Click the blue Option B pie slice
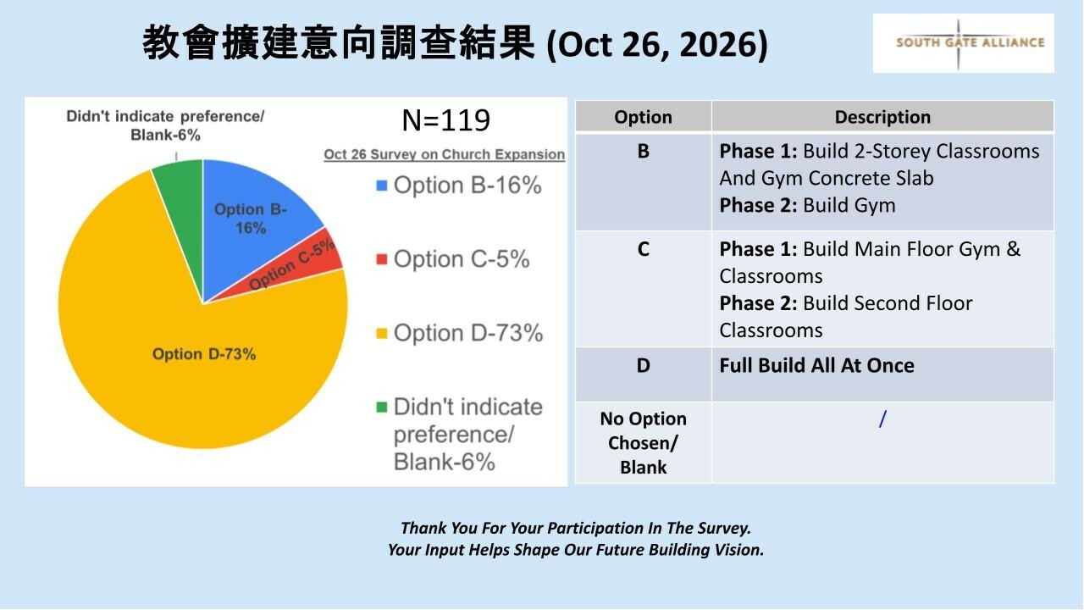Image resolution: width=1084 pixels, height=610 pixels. (252, 218)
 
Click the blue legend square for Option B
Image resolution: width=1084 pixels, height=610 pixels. (382, 186)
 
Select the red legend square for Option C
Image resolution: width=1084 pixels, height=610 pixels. (382, 259)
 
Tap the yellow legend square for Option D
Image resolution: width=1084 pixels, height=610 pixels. (382, 334)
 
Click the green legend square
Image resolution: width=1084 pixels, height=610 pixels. (382, 408)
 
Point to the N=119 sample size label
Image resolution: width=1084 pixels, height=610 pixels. (445, 120)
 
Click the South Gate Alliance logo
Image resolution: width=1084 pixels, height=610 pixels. (964, 43)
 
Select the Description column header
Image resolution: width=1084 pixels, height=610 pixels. (882, 117)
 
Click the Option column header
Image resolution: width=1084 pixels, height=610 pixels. (643, 117)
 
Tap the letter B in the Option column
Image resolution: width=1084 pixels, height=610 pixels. (643, 152)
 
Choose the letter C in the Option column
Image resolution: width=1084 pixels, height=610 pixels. (643, 249)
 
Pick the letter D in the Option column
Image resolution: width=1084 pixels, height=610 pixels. (643, 365)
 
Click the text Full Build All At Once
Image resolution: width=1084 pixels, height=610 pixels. (817, 365)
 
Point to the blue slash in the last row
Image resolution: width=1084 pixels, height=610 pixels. (882, 419)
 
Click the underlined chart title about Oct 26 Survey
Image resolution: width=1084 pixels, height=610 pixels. (445, 154)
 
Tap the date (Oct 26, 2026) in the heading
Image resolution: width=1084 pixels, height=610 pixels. (657, 45)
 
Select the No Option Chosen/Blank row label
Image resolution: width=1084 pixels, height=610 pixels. (643, 443)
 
